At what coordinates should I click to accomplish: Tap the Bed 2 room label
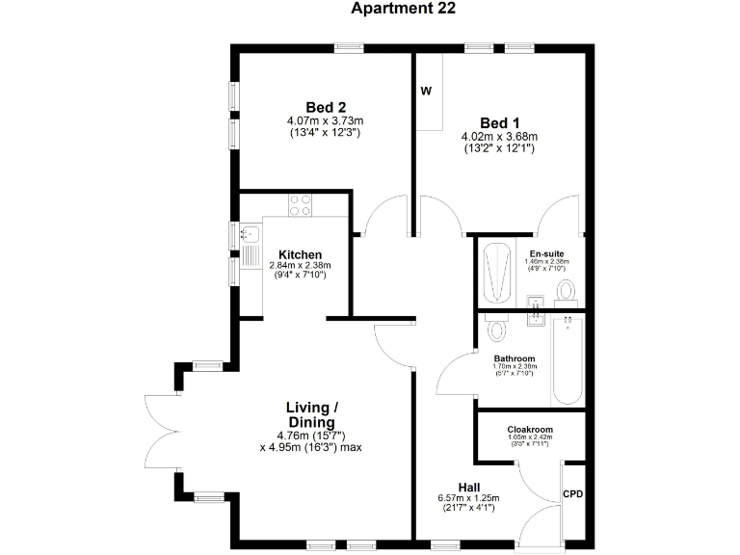click(x=325, y=107)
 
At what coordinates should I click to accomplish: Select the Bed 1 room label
click(x=499, y=122)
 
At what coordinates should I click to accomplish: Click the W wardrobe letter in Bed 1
click(x=425, y=92)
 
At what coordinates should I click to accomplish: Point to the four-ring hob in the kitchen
click(x=301, y=204)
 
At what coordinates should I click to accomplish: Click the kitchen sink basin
click(x=250, y=232)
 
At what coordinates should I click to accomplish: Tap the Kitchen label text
click(x=300, y=254)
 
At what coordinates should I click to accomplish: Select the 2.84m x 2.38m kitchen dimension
click(x=300, y=265)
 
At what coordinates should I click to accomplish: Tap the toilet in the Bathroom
click(x=497, y=330)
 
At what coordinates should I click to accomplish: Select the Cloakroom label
click(x=531, y=430)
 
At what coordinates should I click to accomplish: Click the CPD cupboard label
click(x=572, y=494)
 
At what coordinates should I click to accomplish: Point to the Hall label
click(x=469, y=487)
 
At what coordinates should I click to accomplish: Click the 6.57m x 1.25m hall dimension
click(x=469, y=498)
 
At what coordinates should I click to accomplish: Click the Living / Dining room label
click(x=310, y=415)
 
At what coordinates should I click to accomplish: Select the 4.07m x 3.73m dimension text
click(x=325, y=120)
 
